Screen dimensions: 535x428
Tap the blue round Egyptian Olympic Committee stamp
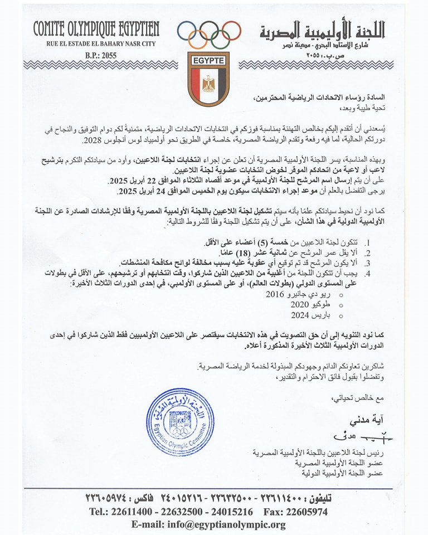coord(180,422)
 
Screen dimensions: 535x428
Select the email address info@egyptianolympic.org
coord(208,524)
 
